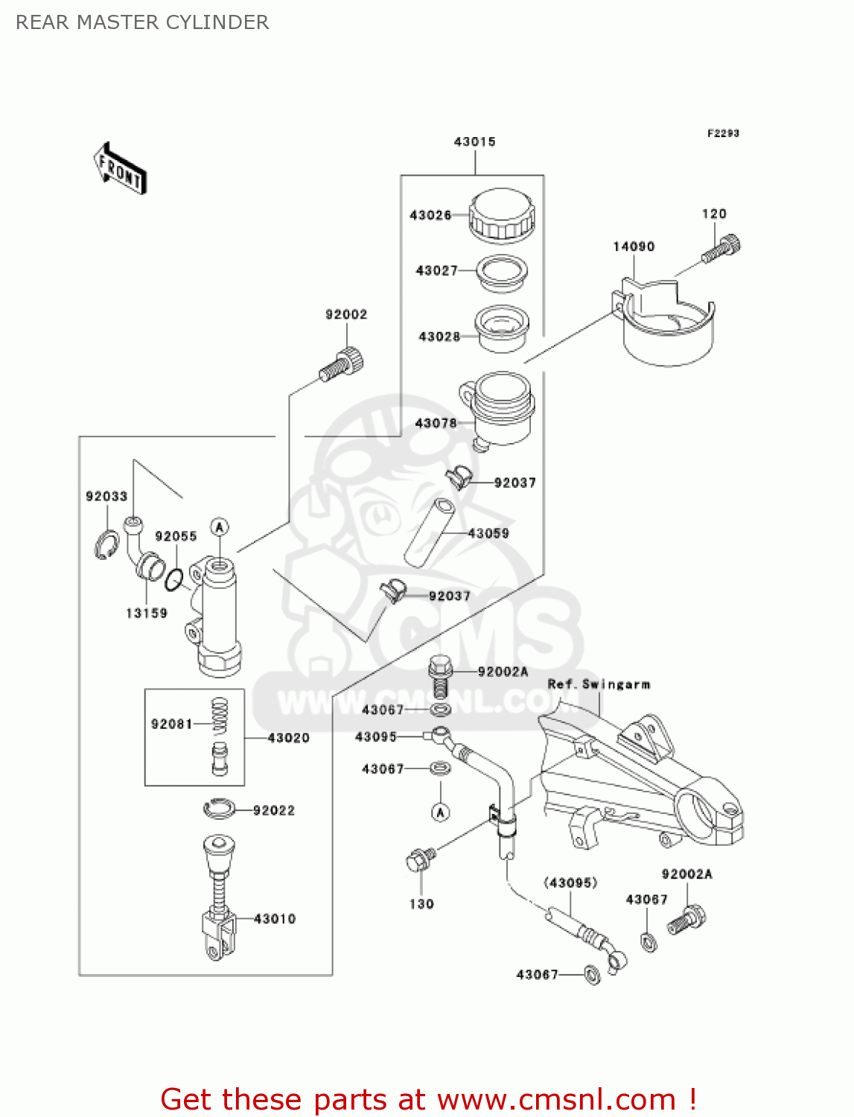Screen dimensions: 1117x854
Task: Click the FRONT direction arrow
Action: tap(120, 169)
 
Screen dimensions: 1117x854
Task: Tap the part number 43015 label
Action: tap(474, 141)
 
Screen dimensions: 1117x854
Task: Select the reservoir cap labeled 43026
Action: tap(501, 214)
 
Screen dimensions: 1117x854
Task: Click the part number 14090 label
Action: tap(634, 246)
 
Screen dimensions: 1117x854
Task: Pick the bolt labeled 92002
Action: tap(343, 366)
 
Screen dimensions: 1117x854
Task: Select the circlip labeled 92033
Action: tap(106, 545)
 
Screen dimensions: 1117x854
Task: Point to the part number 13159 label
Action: tap(147, 613)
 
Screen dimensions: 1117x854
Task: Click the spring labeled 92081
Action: tap(220, 717)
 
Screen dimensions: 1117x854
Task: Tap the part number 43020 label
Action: tap(288, 738)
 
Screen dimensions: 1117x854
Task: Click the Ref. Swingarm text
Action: tap(599, 684)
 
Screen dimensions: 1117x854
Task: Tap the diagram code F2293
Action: tap(723, 133)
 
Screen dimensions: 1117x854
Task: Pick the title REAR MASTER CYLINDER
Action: tap(142, 22)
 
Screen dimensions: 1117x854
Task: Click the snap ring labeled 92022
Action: tap(220, 808)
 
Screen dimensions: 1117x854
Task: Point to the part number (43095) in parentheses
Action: tap(570, 882)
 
